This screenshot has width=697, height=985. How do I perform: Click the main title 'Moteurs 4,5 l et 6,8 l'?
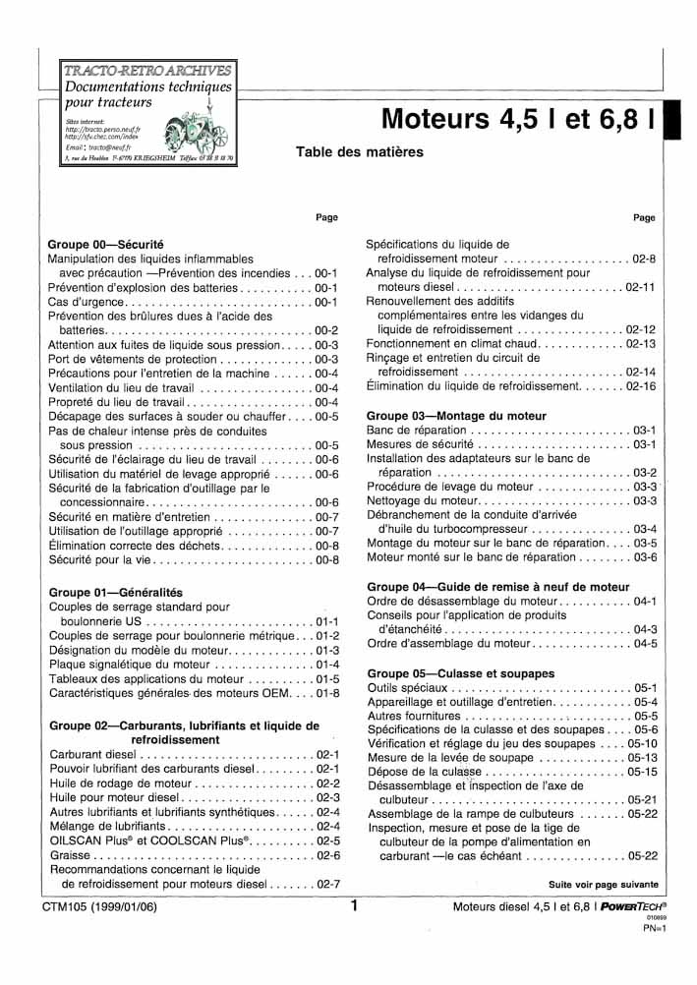[x=518, y=120]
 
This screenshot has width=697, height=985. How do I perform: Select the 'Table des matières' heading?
[x=359, y=152]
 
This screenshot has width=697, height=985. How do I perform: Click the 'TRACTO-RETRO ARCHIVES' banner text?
[x=147, y=71]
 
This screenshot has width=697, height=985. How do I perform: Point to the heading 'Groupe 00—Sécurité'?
[x=105, y=243]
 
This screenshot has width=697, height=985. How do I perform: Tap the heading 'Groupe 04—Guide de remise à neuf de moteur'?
[x=497, y=587]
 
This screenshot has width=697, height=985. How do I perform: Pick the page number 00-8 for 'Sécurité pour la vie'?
[x=326, y=560]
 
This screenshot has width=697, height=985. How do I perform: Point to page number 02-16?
[x=640, y=387]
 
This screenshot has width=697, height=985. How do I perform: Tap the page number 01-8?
[x=326, y=693]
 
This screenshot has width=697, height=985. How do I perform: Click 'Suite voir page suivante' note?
[x=603, y=885]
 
